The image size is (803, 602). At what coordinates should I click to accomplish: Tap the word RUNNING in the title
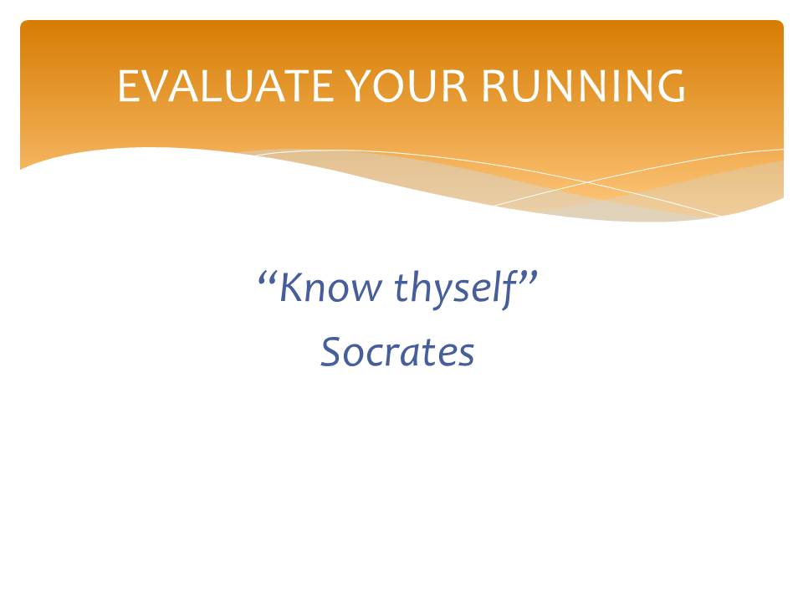(583, 86)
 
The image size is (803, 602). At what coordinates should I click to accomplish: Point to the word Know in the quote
(330, 287)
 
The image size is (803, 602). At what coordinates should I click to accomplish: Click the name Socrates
(397, 352)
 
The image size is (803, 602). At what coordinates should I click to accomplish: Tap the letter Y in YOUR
(359, 86)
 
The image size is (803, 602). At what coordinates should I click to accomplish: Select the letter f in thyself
(509, 290)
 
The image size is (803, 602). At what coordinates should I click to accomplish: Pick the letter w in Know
(366, 291)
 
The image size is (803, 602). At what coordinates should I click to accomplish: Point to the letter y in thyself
(442, 295)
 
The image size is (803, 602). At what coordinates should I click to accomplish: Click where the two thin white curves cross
(588, 181)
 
